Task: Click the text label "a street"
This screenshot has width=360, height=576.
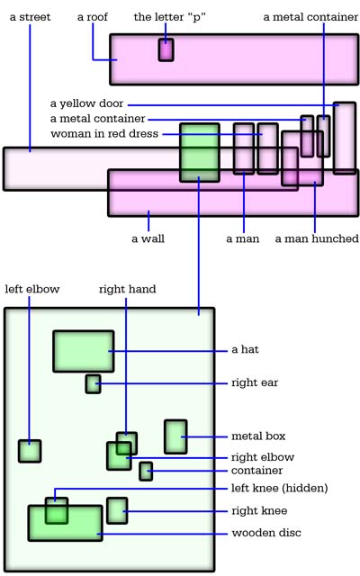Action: pos(30,17)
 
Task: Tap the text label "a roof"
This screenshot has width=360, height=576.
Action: pos(93,17)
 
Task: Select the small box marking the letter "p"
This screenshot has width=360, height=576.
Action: pos(166,49)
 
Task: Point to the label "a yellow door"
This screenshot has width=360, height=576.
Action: pos(86,103)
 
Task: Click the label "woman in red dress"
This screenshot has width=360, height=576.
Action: pos(104,133)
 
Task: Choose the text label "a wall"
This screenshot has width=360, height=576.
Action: pos(148,238)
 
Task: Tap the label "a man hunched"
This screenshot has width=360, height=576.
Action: pos(317,238)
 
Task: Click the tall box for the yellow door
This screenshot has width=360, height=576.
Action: pos(345,138)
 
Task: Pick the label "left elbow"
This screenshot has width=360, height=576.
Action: pos(32,289)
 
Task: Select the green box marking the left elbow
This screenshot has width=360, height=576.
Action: pos(30,451)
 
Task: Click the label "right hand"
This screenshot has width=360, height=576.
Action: pos(128,289)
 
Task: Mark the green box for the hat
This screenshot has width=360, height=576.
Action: pos(84,351)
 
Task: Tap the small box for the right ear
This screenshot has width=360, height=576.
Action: pos(94,384)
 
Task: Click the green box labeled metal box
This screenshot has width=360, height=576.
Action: pos(175,436)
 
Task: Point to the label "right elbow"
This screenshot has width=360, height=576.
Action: pos(263,457)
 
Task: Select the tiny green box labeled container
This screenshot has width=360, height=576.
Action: pos(146,472)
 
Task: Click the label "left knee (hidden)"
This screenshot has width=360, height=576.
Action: pos(280,488)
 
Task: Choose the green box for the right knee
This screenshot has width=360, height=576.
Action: pos(117,510)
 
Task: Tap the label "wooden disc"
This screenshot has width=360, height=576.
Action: pos(266,533)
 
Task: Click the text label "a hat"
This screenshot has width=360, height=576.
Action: pos(245,349)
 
